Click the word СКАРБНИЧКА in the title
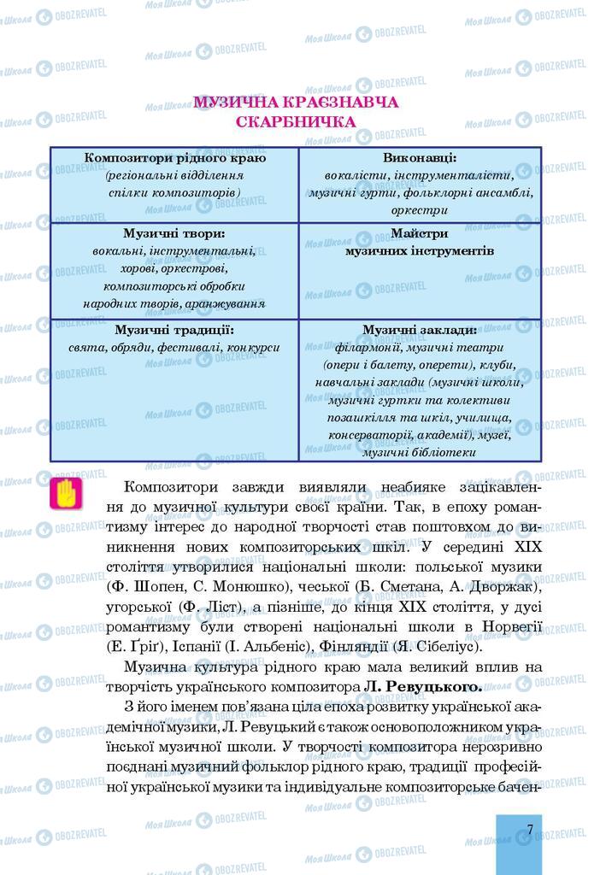point(296,122)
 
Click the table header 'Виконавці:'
point(420,158)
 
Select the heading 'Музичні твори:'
point(174,233)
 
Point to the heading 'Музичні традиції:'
point(174,330)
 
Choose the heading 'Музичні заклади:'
point(419,330)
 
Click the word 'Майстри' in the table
point(419,233)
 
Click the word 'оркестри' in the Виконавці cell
point(419,209)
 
